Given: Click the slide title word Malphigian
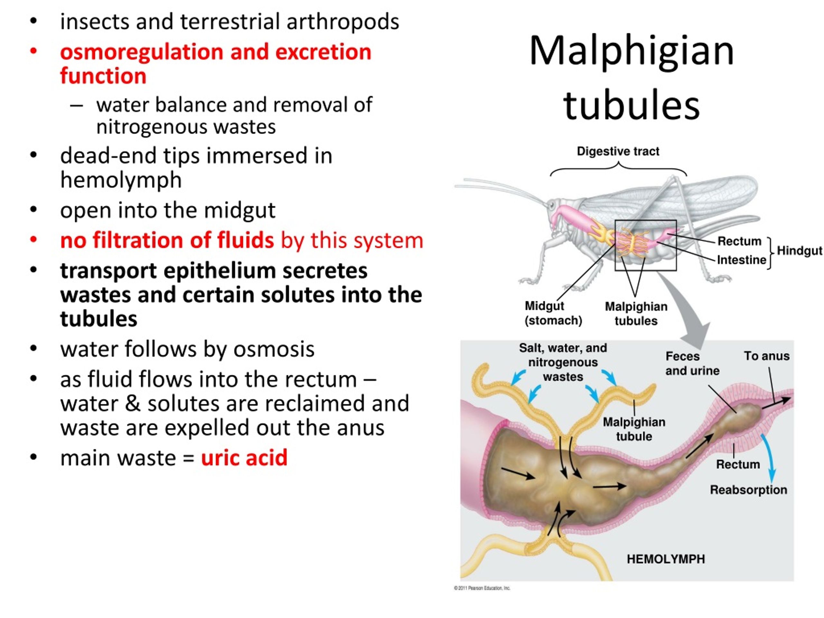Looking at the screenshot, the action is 632,52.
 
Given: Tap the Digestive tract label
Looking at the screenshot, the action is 618,151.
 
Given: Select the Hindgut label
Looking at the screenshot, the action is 800,251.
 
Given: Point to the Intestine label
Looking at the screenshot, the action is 741,260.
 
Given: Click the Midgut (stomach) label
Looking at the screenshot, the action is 553,313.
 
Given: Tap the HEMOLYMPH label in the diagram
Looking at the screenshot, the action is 666,559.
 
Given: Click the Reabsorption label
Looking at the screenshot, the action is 748,490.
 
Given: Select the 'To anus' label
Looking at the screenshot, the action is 767,356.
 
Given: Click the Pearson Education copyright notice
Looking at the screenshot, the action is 482,588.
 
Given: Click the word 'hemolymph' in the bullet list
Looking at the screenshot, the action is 121,181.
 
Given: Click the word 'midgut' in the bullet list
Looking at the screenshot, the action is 239,211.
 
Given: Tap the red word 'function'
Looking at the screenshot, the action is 103,76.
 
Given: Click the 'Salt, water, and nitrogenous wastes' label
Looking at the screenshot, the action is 563,362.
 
